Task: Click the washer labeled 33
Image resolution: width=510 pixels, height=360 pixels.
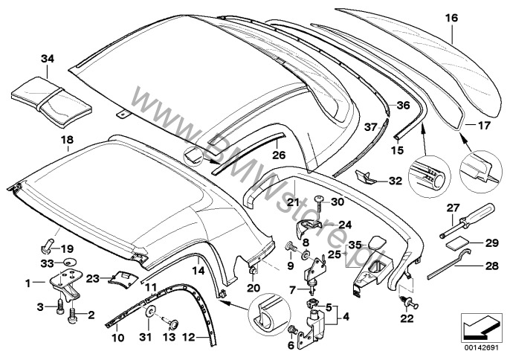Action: coord(68,263)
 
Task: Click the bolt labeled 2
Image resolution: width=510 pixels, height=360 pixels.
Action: coord(73,313)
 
